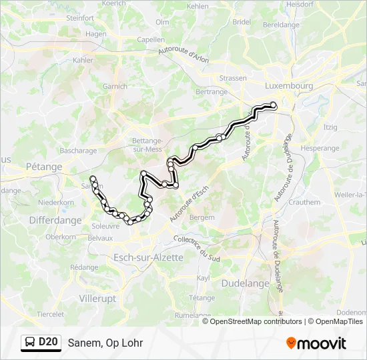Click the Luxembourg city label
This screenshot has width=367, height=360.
click(289, 86)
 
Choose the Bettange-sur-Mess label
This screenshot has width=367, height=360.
click(147, 145)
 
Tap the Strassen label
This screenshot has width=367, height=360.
click(233, 78)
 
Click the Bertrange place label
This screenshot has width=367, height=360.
click(212, 91)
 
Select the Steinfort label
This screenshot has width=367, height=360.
click(80, 18)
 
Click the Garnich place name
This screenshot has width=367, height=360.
click(115, 86)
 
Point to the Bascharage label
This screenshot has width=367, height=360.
click(79, 151)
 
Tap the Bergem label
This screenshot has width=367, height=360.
click(202, 217)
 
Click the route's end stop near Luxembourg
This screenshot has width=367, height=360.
click(274, 105)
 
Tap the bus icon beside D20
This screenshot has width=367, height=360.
click(30, 343)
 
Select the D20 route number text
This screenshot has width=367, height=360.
click(48, 343)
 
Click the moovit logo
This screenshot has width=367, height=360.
click(316, 343)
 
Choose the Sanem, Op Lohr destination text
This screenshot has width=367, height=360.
click(105, 343)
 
